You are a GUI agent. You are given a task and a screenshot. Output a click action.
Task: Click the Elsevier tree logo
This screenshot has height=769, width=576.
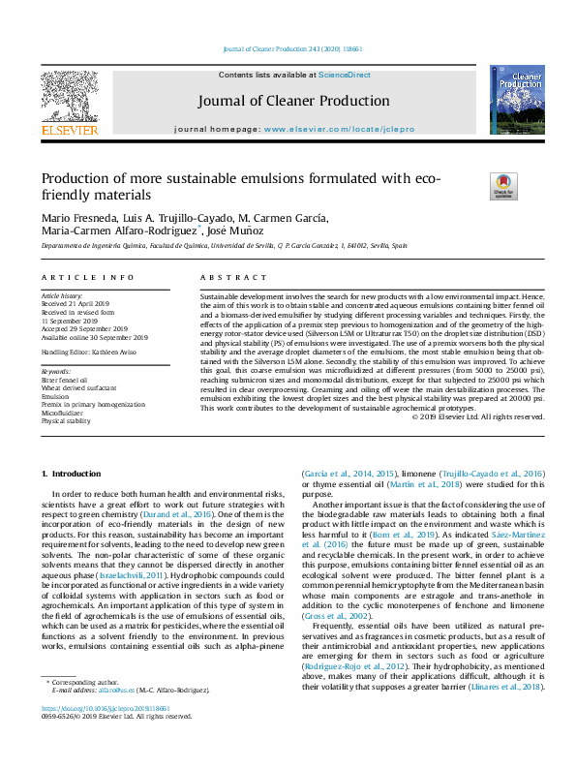(x=69, y=97)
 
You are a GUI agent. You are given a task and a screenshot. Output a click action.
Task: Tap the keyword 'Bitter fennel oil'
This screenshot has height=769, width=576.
(x=64, y=382)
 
